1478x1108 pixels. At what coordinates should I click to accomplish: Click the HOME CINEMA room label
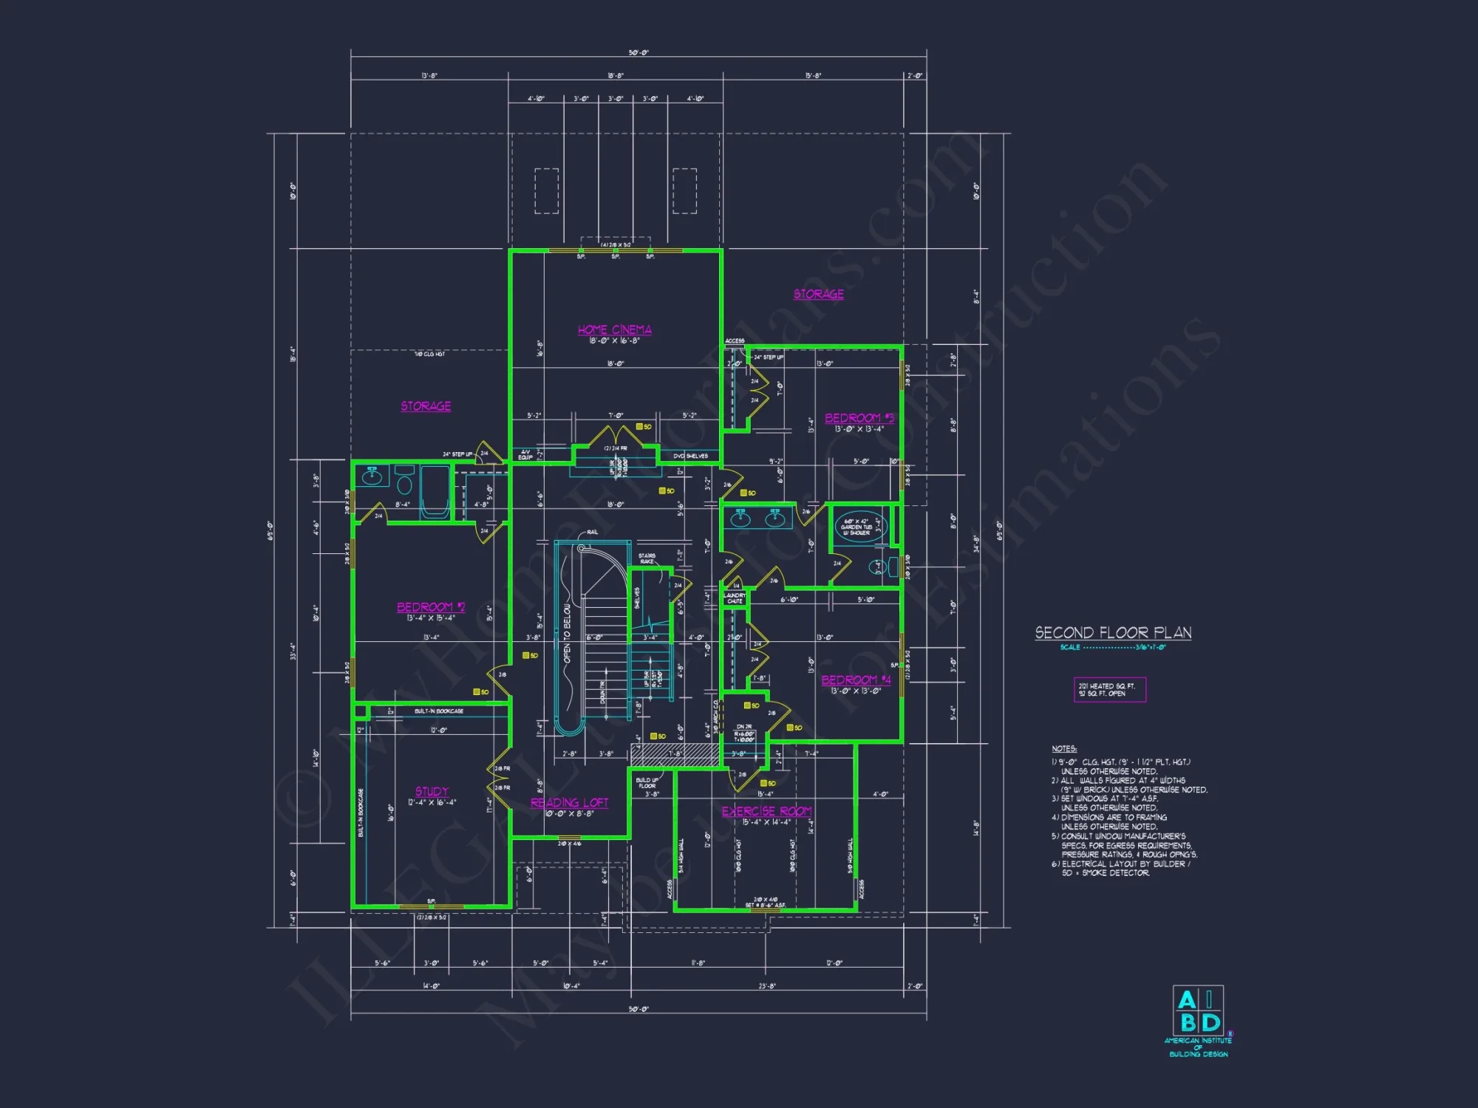coord(614,329)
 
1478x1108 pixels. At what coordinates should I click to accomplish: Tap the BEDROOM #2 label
coord(431,606)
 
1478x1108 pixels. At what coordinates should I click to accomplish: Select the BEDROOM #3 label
coord(859,418)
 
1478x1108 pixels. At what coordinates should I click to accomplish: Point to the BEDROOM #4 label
coord(856,680)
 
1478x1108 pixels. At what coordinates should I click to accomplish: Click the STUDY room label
coord(432,791)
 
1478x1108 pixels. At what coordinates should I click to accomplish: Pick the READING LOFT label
coord(569,802)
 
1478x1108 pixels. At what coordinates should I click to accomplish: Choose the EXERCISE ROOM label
coord(766,811)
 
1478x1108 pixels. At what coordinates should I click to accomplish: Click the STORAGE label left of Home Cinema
coord(426,406)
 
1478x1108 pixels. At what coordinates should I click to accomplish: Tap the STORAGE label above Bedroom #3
coord(818,294)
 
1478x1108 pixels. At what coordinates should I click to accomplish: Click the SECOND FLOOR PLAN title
coord(1113,632)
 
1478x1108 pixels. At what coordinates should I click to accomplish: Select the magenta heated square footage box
coord(1109,689)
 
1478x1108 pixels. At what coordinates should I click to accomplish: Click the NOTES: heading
coord(1064,749)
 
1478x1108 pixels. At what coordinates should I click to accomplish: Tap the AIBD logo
coord(1198,1011)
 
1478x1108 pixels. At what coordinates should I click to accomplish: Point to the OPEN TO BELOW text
coord(568,633)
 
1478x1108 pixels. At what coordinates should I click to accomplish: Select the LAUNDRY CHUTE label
coord(735,598)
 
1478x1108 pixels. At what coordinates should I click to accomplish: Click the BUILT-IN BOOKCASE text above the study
coord(439,711)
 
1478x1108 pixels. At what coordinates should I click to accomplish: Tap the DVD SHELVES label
coord(690,456)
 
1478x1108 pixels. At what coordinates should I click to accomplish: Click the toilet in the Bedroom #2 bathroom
coord(404,482)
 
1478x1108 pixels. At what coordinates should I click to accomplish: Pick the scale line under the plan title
coord(1112,647)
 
